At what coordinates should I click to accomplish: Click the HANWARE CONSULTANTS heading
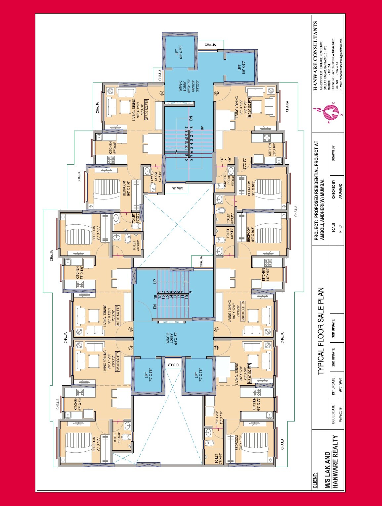coord(316,56)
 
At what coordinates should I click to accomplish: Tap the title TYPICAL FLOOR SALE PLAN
coord(321,331)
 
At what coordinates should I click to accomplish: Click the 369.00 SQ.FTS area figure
coord(250,107)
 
